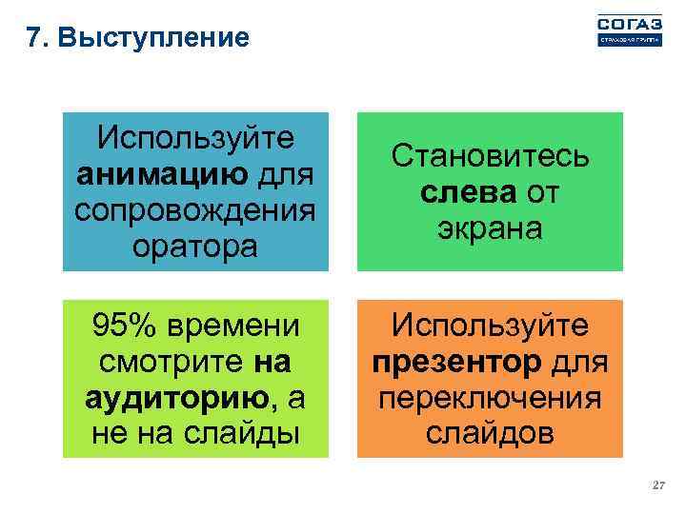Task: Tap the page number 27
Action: click(x=656, y=486)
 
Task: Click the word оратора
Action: click(x=196, y=247)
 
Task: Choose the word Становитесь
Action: click(x=490, y=156)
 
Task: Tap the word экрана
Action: click(x=490, y=228)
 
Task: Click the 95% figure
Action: click(x=128, y=326)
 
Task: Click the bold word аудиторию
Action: click(x=174, y=398)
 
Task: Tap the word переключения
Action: click(x=490, y=398)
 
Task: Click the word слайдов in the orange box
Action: click(x=490, y=433)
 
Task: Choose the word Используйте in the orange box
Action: click(x=490, y=326)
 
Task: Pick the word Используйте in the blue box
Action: click(x=196, y=139)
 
